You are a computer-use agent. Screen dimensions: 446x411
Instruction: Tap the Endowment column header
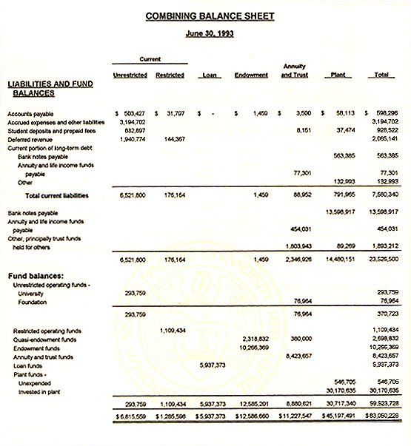click(251, 75)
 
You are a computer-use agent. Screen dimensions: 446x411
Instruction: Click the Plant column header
click(336, 75)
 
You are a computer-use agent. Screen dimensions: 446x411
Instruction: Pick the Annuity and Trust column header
click(294, 71)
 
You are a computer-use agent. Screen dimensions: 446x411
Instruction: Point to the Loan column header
click(209, 75)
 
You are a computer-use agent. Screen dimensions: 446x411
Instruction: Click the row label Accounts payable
click(30, 113)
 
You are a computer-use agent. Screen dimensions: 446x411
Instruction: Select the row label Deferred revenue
click(30, 138)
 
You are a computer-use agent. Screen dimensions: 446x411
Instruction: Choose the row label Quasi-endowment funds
click(45, 339)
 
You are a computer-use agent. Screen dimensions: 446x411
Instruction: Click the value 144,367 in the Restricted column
click(170, 138)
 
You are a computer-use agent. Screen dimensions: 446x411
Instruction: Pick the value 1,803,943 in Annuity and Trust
click(295, 246)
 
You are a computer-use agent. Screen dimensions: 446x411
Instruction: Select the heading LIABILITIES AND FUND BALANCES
click(50, 89)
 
